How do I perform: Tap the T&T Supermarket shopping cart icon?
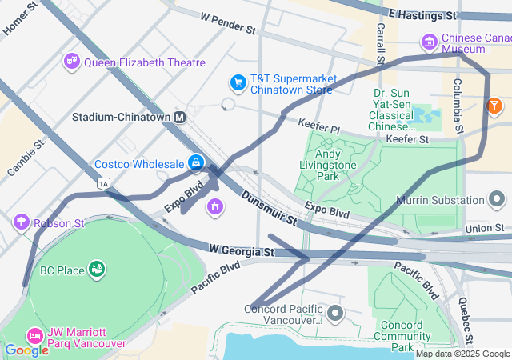coord(238,82)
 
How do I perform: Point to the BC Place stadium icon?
coord(97,270)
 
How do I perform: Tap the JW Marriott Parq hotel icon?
coord(34,334)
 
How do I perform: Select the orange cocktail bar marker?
coord(495,106)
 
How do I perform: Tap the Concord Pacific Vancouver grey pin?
coord(334,311)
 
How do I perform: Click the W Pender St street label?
coord(228,22)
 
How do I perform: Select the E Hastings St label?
coord(422,14)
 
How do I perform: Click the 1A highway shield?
coord(102,184)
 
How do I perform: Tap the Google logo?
coord(26,350)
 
